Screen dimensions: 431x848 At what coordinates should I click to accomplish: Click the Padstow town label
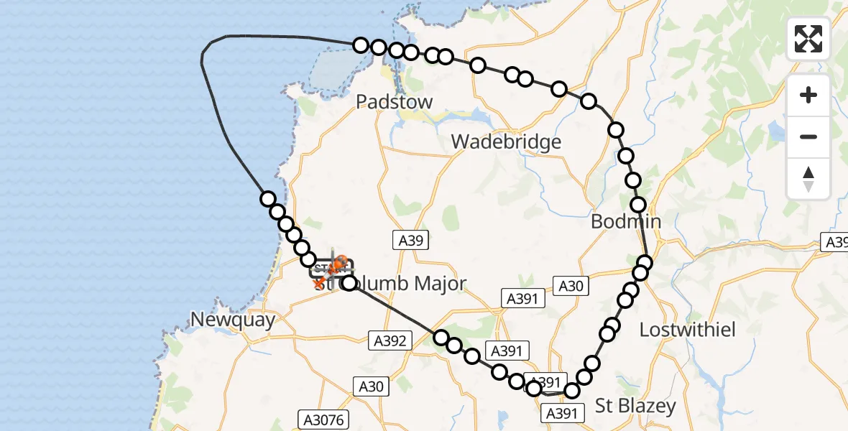[x=395, y=102]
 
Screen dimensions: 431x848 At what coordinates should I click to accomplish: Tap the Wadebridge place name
[x=506, y=142]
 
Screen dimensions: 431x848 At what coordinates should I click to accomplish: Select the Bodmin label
[x=625, y=222]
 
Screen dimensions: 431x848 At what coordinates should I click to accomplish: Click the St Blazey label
[x=636, y=406]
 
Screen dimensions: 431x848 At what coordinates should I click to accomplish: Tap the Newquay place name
[x=233, y=320]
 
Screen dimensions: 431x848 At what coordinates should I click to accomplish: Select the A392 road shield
[x=391, y=341]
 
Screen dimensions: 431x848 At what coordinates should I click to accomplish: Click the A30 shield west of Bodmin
[x=571, y=286]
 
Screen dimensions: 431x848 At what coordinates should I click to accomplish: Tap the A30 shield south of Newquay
[x=371, y=386]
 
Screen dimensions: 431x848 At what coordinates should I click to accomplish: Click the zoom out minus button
[x=808, y=136]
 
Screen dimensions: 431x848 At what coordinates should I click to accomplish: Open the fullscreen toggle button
[x=808, y=39]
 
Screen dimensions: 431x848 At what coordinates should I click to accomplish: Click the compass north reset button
[x=808, y=179]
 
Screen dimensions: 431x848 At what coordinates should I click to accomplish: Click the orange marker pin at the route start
[x=338, y=264]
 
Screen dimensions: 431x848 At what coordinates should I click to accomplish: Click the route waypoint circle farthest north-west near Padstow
[x=361, y=45]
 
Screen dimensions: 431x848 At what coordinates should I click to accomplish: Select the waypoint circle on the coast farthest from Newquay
[x=268, y=199]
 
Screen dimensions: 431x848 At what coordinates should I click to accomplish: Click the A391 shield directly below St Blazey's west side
[x=562, y=413]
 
